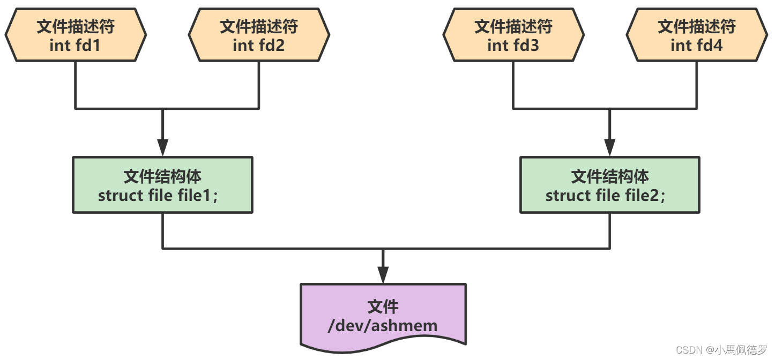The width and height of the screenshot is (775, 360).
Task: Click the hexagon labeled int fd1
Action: point(76,35)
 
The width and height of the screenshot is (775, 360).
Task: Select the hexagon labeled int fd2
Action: point(259,35)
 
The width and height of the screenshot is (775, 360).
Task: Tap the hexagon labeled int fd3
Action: point(513,35)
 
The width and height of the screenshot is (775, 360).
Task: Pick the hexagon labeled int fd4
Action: point(697,35)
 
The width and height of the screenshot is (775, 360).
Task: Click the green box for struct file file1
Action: point(162,185)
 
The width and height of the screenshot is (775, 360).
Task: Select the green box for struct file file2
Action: point(610,185)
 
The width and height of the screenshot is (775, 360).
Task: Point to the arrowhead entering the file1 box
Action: point(162,148)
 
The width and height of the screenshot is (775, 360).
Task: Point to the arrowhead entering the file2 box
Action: point(609,148)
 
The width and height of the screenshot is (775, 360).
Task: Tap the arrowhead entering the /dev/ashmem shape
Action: point(383,275)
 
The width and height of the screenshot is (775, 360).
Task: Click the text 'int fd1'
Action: point(74,46)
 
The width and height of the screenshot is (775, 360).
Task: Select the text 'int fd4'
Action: point(696,46)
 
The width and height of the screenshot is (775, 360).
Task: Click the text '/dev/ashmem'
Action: point(383,326)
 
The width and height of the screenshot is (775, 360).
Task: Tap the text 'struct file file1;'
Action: point(158,196)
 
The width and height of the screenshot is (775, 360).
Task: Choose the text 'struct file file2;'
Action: point(605,196)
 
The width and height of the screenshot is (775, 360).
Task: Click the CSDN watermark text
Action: point(721,350)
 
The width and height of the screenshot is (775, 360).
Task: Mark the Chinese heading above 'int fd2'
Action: point(259,26)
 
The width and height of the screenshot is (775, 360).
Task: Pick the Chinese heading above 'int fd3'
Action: point(513,26)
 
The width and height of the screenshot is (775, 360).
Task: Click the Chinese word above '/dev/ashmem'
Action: point(383,307)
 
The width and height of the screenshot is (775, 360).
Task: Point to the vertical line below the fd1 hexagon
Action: point(76,85)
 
